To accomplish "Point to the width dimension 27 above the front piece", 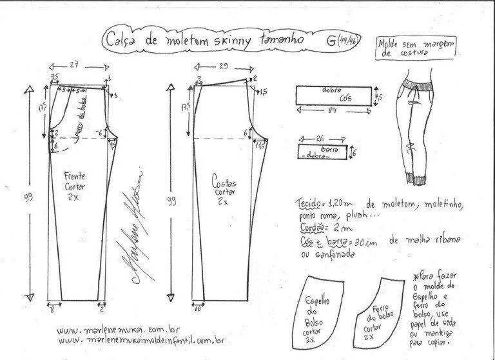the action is tap(74, 65).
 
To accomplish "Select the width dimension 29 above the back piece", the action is tap(223, 66).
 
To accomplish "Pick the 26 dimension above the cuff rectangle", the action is tap(321, 138).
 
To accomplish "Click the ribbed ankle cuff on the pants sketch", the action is tap(414, 174).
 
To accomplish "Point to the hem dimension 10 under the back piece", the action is tap(197, 310).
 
